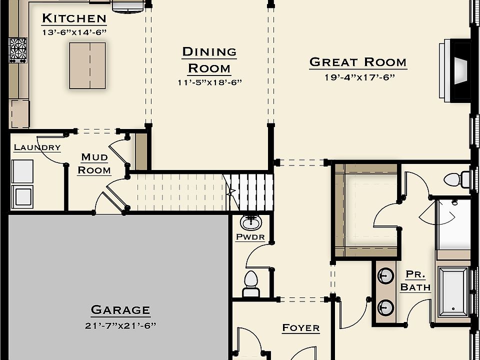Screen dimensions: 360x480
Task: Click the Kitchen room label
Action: [x=74, y=18]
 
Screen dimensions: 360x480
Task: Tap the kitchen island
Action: [x=87, y=65]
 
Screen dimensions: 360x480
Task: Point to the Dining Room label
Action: [x=209, y=59]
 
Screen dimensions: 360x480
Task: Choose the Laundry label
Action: [x=37, y=147]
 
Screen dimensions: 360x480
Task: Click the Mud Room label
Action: [x=94, y=163]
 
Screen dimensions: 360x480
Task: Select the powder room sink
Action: [x=250, y=222]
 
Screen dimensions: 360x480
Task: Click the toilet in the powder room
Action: [x=250, y=283]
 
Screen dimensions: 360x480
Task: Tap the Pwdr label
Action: [x=250, y=237]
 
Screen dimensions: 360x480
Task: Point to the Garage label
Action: [x=120, y=310]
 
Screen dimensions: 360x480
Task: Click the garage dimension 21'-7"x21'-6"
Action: [x=120, y=326]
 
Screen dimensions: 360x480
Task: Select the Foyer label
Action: [x=300, y=328]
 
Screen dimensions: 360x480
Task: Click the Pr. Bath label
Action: [x=415, y=281]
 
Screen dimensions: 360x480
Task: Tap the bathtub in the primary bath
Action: [x=453, y=292]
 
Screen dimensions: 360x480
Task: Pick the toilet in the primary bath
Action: [x=456, y=179]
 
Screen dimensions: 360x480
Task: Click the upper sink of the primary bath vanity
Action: [x=385, y=275]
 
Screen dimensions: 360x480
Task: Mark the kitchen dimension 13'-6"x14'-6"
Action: [x=74, y=32]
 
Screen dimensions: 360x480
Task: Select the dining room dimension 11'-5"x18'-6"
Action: [x=209, y=82]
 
